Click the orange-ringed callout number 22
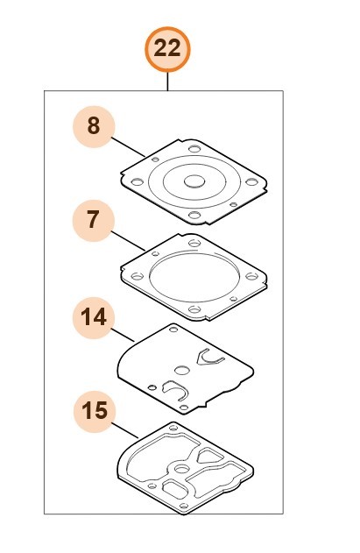(x=167, y=49)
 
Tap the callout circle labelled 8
(x=94, y=126)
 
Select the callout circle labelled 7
(x=94, y=221)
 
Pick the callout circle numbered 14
(x=94, y=318)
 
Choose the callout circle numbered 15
(x=95, y=412)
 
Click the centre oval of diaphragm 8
(x=194, y=181)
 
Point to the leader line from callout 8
(x=128, y=147)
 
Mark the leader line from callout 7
(x=128, y=241)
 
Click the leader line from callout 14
(x=123, y=336)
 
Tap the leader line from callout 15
(x=125, y=430)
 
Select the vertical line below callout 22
(x=167, y=82)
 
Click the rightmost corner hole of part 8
(x=251, y=182)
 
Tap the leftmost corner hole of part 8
(x=138, y=182)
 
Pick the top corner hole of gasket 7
(x=194, y=243)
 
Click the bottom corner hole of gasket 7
(x=194, y=309)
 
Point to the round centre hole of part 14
(x=182, y=371)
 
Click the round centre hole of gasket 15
(x=182, y=469)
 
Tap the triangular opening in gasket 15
(x=210, y=456)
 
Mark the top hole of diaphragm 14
(x=173, y=330)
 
